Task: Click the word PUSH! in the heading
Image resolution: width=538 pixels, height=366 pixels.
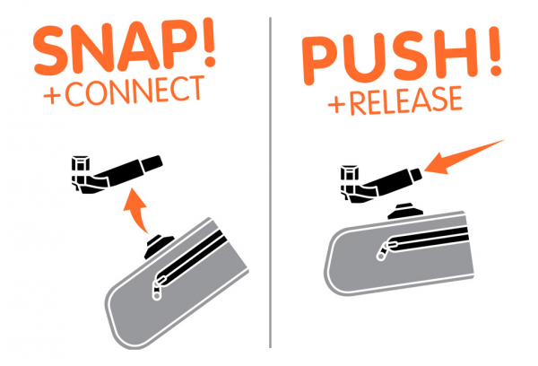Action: coord(401,55)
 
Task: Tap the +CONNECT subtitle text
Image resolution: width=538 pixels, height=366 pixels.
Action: coord(124,91)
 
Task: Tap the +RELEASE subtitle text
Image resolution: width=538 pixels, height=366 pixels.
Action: coord(395,100)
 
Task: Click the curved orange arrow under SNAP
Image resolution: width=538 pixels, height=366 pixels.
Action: coord(137,213)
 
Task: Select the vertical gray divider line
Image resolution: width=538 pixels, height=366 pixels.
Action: coord(271,183)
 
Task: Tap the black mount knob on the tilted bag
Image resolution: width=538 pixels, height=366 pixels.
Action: coord(159,246)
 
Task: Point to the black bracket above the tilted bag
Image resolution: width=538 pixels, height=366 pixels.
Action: coord(116,174)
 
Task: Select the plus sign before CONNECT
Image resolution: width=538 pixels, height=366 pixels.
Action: coord(52,96)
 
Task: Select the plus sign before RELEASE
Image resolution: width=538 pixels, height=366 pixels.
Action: coord(336,104)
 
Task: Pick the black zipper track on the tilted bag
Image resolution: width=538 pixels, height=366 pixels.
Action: coord(191,257)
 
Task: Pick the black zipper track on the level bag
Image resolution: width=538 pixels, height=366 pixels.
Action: coord(428,237)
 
